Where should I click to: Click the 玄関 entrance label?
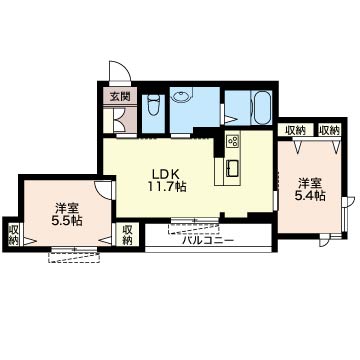click(120, 97)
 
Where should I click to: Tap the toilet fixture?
click(153, 105)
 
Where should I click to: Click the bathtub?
click(263, 107)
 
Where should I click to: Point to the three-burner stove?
click(233, 142)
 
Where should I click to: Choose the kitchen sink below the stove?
click(233, 168)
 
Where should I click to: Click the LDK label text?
click(166, 173)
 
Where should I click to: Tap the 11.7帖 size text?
click(166, 187)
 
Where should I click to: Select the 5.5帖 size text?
click(67, 221)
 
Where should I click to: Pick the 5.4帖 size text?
click(310, 196)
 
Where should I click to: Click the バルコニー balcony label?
click(208, 240)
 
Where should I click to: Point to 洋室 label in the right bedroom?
click(310, 183)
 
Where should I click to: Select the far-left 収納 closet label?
click(14, 235)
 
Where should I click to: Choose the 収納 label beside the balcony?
click(127, 235)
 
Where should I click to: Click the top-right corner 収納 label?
click(329, 130)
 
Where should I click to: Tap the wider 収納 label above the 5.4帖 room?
click(296, 130)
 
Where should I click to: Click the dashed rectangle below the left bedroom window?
click(74, 257)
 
